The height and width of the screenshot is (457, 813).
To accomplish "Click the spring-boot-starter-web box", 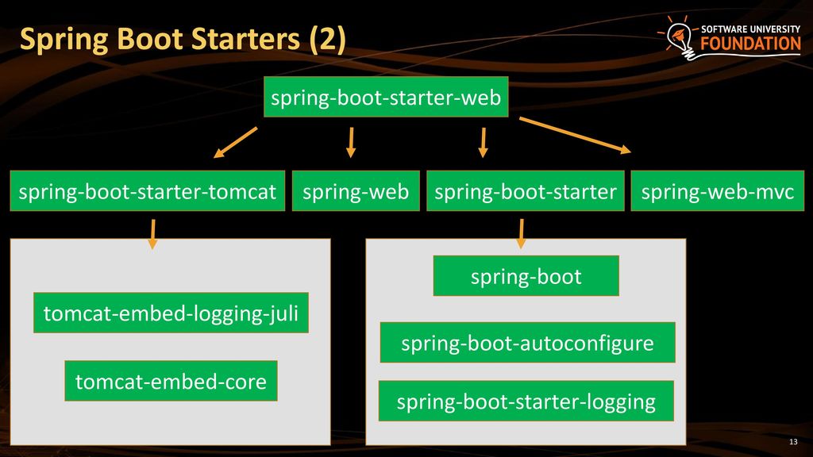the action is point(386,97).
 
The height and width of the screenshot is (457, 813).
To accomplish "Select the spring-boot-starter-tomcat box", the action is point(147,190).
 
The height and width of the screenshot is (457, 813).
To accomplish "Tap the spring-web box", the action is point(356,190).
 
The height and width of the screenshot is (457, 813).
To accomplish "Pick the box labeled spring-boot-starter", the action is point(526,190).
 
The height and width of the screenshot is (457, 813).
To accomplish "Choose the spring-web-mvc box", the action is point(718,190).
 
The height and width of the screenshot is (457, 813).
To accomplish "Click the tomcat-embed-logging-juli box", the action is point(171,313).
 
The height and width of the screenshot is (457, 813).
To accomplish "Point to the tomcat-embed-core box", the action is point(171,381).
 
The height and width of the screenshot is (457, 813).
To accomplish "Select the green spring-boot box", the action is point(526,275).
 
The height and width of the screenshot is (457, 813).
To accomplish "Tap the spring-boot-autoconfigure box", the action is point(527,342).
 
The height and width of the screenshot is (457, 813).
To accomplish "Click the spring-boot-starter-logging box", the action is point(526,401).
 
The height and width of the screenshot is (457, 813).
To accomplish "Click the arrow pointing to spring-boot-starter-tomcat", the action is point(235,143).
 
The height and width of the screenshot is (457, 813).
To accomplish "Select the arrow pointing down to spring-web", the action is point(351,143).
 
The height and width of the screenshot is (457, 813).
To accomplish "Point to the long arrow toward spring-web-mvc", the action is point(575,135).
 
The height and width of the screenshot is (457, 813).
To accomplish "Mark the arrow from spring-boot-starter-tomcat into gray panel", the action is point(152,234).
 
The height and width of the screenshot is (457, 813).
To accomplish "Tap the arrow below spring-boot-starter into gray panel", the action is point(521,234).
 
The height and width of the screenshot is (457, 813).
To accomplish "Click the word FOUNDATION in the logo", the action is point(751,44).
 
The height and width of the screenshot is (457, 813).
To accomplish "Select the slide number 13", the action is point(793,441).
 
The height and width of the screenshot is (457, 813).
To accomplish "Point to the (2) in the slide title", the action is point(328,40).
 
